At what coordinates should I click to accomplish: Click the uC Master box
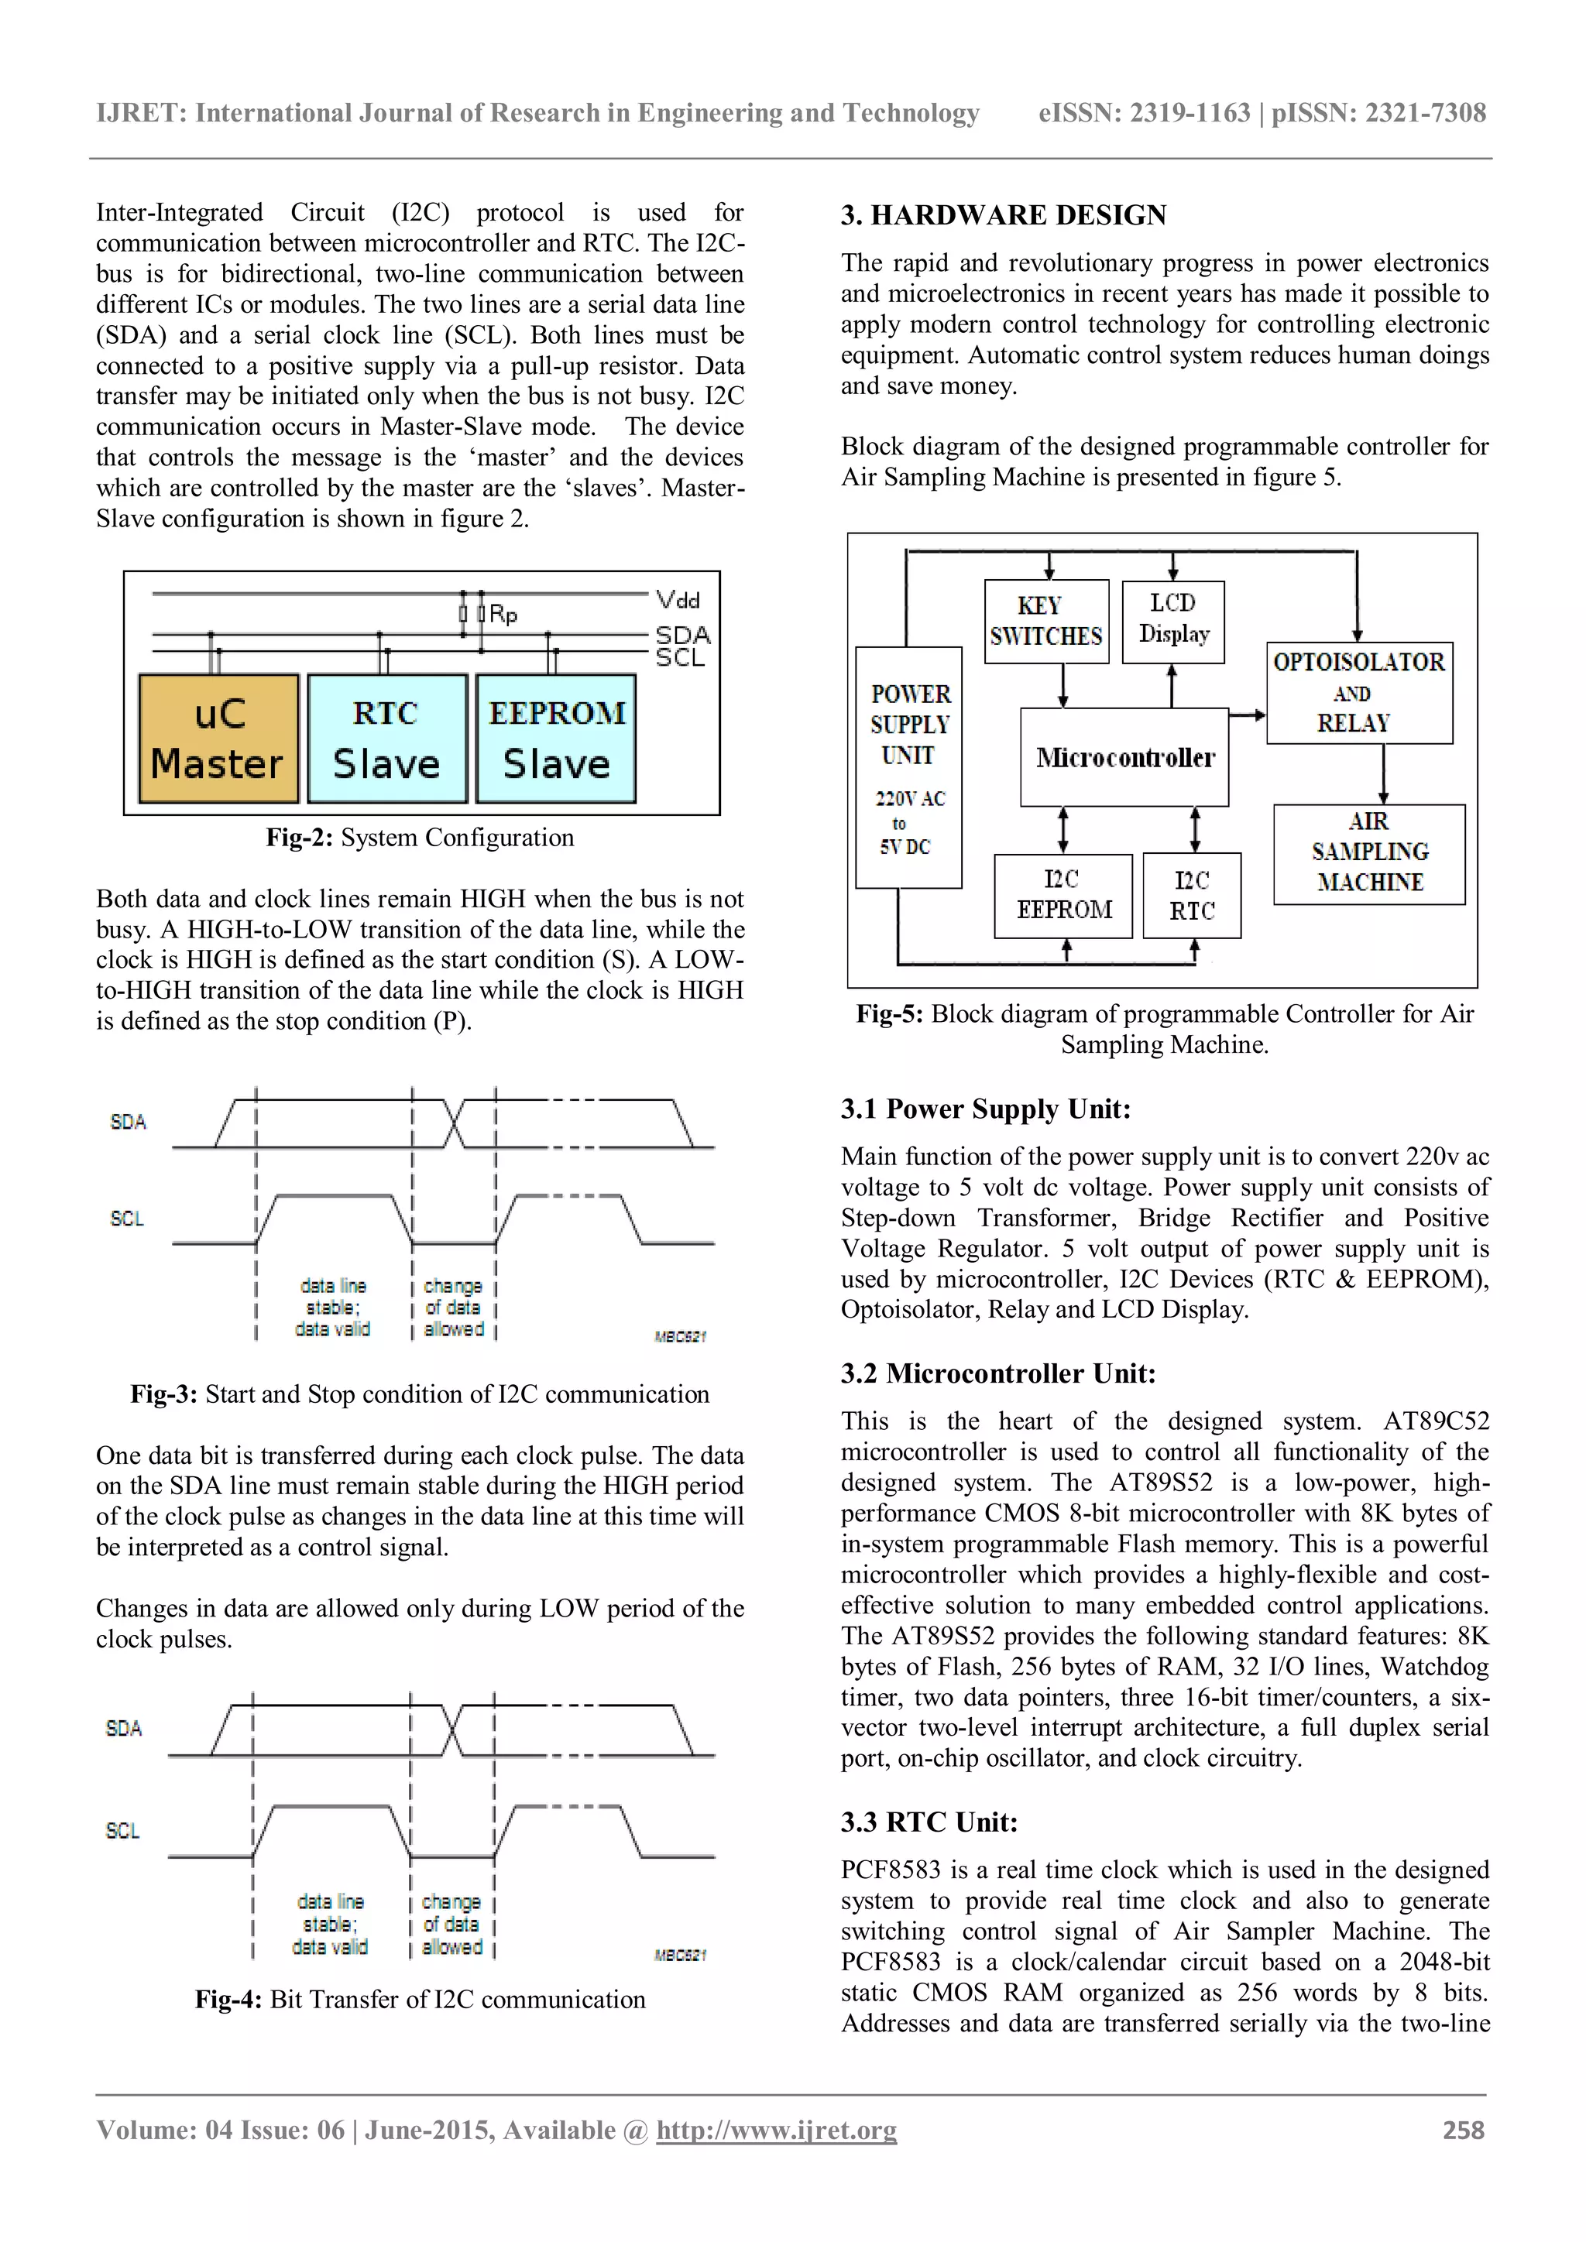[x=218, y=739]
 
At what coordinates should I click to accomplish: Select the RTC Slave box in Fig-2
[x=386, y=739]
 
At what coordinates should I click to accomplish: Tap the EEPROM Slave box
[x=556, y=739]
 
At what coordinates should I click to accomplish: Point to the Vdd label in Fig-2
[x=678, y=598]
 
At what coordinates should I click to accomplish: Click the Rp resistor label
[x=503, y=614]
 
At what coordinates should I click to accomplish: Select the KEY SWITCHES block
[x=1046, y=621]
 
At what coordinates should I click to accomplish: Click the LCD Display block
[x=1173, y=620]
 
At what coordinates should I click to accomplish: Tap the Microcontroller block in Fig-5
[x=1124, y=757]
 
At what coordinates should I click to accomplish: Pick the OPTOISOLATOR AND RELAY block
[x=1358, y=692]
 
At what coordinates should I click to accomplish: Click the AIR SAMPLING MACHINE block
[x=1369, y=852]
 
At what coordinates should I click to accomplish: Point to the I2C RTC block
[x=1192, y=896]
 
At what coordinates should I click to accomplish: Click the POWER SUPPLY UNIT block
[x=908, y=766]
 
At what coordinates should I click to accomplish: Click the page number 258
[x=1463, y=2130]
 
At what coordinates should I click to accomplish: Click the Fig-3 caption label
[x=164, y=1394]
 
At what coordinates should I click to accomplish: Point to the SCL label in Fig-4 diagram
[x=123, y=1830]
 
